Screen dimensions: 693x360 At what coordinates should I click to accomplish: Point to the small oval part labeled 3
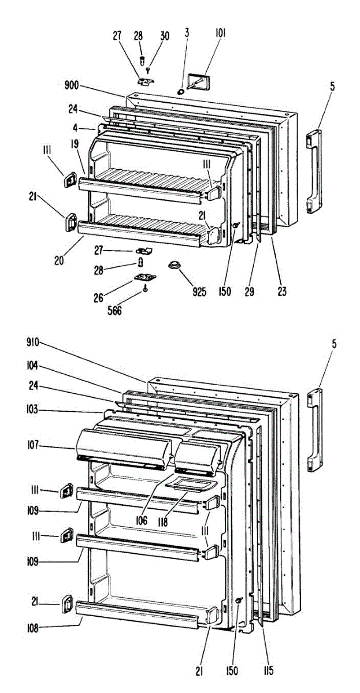coord(182,91)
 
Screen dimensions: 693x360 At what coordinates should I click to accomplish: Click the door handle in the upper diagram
coord(313,173)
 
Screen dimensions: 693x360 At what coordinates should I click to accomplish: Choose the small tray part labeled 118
coord(187,487)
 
